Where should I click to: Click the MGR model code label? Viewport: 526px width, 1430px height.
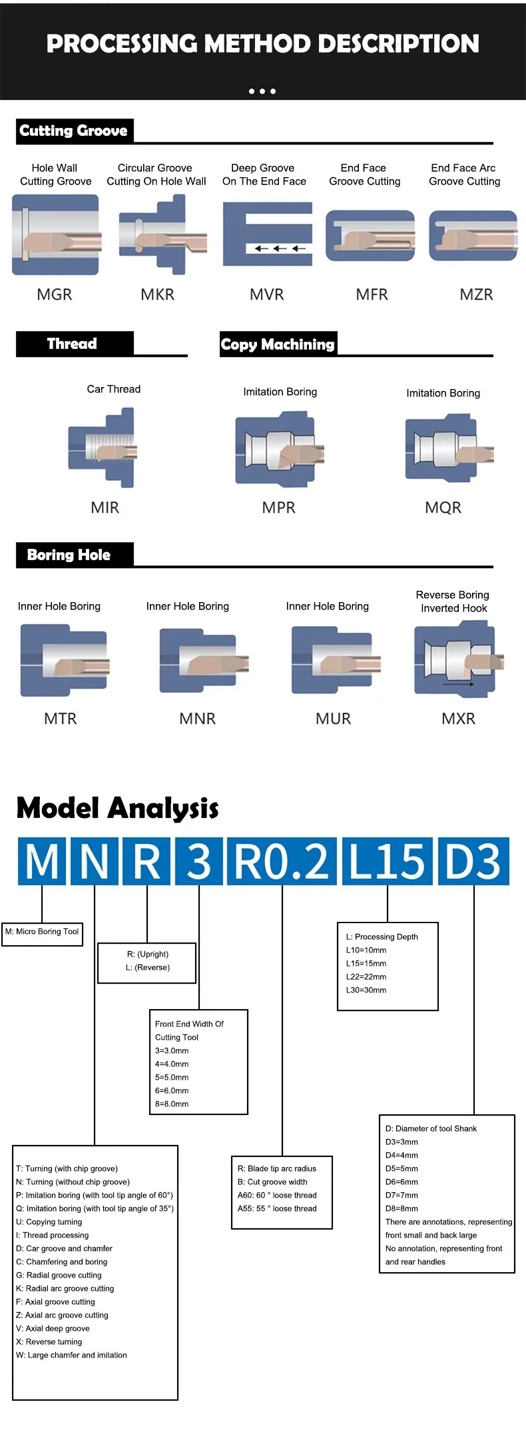(x=55, y=294)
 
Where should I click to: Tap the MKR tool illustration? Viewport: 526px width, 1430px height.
(x=162, y=235)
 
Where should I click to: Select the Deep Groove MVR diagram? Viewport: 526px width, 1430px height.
(x=268, y=234)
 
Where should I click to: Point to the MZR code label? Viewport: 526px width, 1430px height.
(x=477, y=294)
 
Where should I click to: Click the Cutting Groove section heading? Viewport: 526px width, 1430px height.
(x=74, y=131)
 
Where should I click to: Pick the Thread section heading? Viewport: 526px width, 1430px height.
(x=73, y=344)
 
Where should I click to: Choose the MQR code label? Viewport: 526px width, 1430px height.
(x=443, y=508)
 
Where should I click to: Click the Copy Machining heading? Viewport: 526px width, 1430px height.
(x=278, y=344)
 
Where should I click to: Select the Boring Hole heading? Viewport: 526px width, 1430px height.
(x=69, y=555)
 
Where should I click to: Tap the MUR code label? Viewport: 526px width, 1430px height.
(x=334, y=719)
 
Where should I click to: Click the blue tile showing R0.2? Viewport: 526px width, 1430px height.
(x=282, y=861)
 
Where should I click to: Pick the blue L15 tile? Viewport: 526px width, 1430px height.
(x=387, y=861)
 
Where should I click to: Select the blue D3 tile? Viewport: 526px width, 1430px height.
(x=473, y=861)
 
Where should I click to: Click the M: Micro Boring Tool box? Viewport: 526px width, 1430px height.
(x=43, y=932)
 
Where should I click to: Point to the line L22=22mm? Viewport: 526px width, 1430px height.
(x=366, y=976)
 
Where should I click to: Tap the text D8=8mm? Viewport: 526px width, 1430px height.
(x=402, y=1208)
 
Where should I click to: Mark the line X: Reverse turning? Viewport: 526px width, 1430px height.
(x=49, y=1341)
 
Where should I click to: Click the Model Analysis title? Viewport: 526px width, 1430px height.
(x=118, y=808)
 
